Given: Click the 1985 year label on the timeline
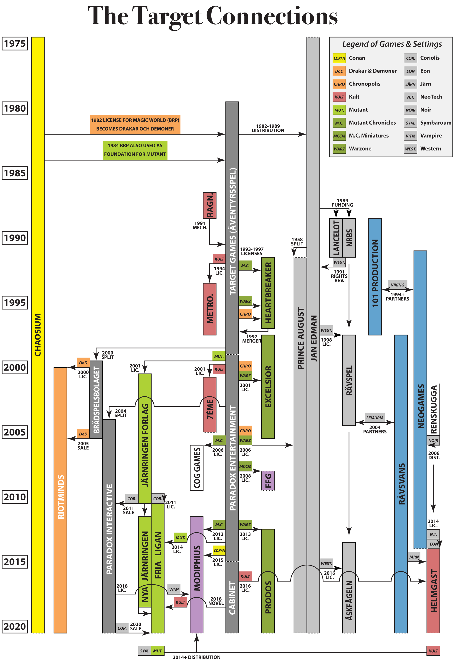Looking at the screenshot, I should click(15, 173).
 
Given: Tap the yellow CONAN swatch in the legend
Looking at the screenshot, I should click(339, 58).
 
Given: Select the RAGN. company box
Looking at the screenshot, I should click(209, 205).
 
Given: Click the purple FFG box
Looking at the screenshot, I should click(268, 481).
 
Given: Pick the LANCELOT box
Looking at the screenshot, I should click(336, 238).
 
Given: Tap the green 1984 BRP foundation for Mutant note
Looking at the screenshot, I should click(135, 150).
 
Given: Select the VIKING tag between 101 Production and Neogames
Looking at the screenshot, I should click(397, 285).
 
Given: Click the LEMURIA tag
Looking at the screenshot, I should click(375, 418).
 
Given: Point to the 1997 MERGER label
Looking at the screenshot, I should click(251, 339).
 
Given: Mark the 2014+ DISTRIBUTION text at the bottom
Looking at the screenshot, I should click(196, 657).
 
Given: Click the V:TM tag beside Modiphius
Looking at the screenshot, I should click(174, 589).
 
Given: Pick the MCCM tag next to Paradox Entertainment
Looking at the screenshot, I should click(245, 466).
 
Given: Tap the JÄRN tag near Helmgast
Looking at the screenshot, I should click(413, 557).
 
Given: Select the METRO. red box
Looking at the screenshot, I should click(209, 309).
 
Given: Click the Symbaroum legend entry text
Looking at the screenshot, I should click(435, 123).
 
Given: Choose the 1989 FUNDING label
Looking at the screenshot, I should click(342, 203).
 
